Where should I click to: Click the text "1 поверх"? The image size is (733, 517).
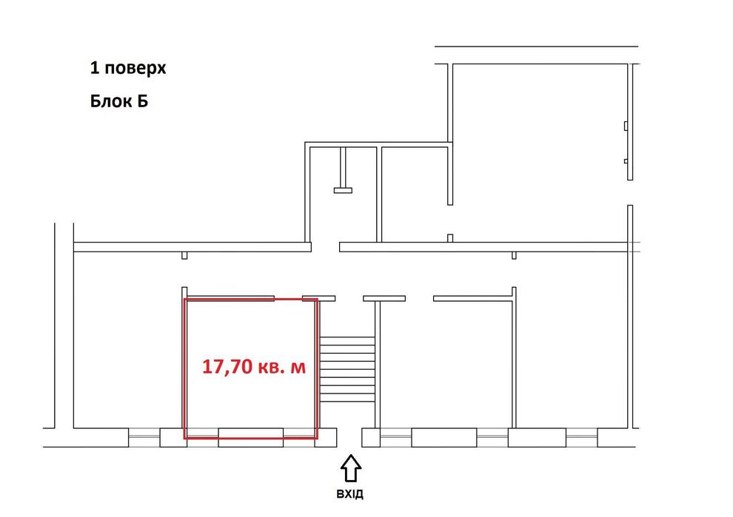coord(127,69)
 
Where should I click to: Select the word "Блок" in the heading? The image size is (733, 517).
coord(109,101)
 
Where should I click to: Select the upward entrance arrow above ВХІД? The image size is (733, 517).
coord(351,467)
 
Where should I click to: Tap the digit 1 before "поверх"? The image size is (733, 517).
coord(94,69)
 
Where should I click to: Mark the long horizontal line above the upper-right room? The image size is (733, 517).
coord(536,47)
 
